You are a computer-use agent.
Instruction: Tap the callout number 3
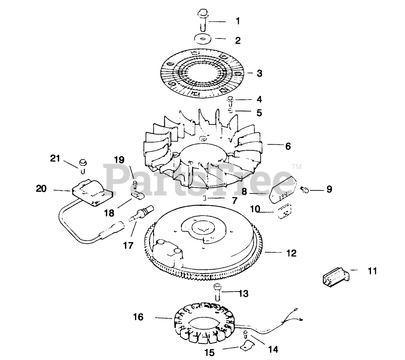(x=259, y=73)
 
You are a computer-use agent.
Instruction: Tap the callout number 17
(x=128, y=245)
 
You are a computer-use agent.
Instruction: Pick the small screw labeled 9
(x=305, y=189)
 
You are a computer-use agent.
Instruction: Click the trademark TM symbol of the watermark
(x=297, y=167)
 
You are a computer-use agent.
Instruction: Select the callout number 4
(x=259, y=100)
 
